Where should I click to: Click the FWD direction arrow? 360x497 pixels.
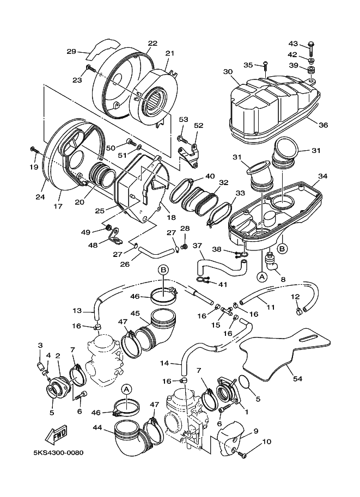[x=57, y=434]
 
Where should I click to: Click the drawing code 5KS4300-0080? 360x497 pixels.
[x=59, y=452]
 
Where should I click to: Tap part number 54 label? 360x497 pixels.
[x=297, y=378]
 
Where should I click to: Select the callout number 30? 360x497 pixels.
[x=228, y=72]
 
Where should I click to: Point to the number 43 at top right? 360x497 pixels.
[x=293, y=43]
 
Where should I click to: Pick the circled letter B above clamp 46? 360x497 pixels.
[x=163, y=270]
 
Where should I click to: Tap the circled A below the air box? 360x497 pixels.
[x=262, y=277]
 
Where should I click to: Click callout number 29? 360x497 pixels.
[x=71, y=51]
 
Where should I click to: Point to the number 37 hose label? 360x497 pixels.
[x=197, y=246]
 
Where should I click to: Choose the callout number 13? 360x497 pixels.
[x=77, y=311]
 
